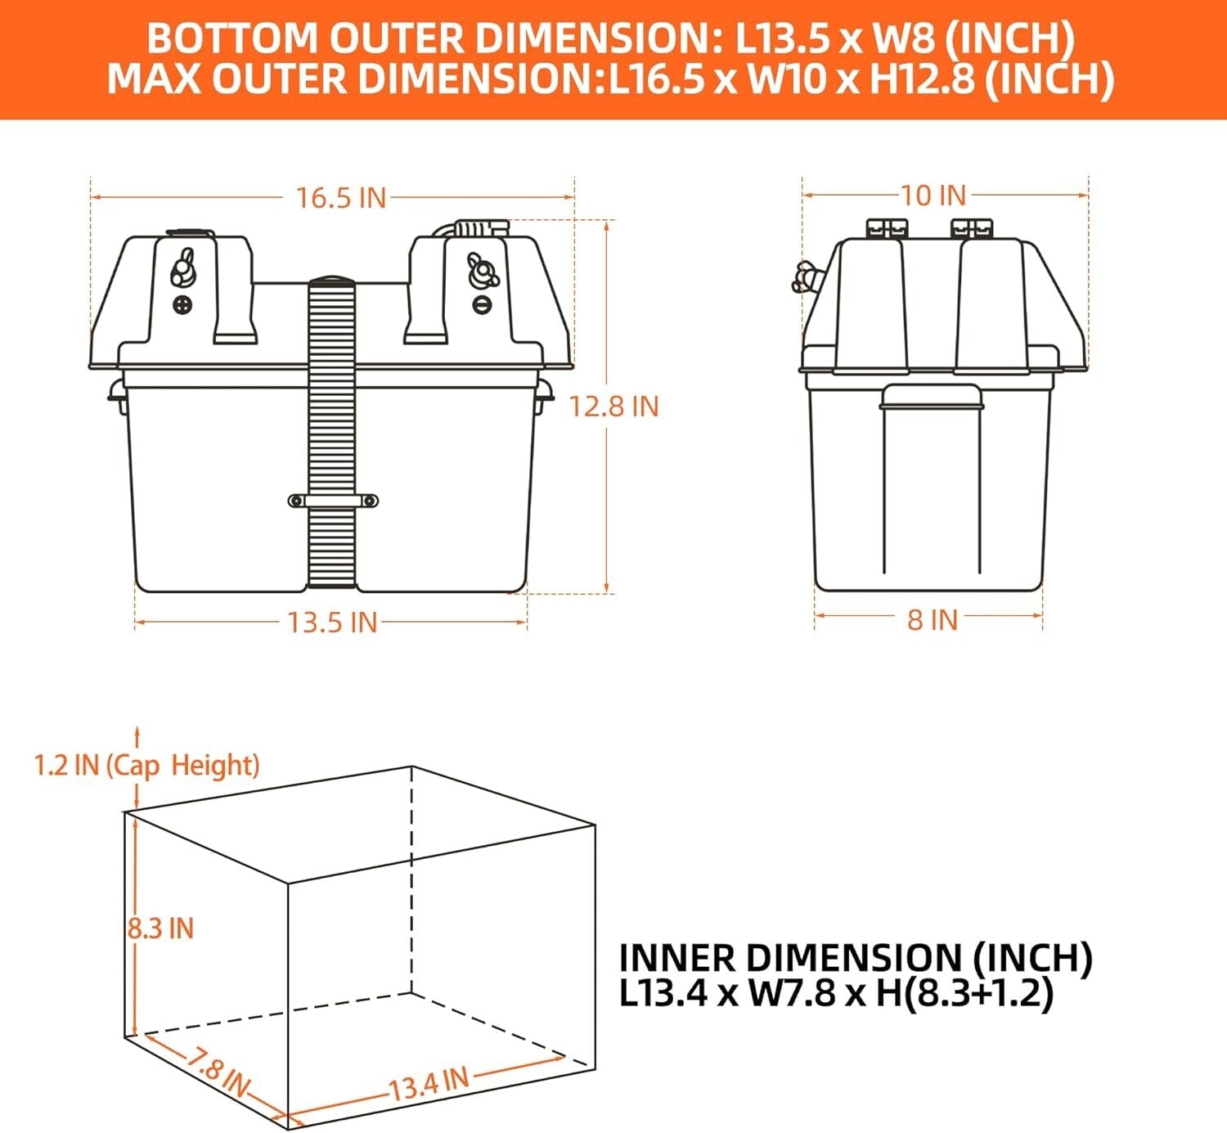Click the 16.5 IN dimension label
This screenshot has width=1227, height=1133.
[340, 198]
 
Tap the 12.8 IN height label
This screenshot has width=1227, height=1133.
[613, 406]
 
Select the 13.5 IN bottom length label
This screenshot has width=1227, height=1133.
[332, 623]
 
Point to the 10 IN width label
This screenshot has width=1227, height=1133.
[933, 196]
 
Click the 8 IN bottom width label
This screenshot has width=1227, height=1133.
[932, 620]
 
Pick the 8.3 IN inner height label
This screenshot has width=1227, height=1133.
[161, 928]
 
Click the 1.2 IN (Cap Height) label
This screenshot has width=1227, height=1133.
[146, 766]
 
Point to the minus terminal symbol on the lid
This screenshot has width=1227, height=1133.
[482, 304]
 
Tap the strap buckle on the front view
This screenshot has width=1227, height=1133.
[333, 501]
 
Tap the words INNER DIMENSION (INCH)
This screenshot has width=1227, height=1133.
[855, 958]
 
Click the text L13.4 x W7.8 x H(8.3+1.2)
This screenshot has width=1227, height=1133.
[835, 993]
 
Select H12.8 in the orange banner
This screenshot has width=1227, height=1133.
[922, 79]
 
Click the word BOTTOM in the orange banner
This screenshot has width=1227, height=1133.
[231, 38]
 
